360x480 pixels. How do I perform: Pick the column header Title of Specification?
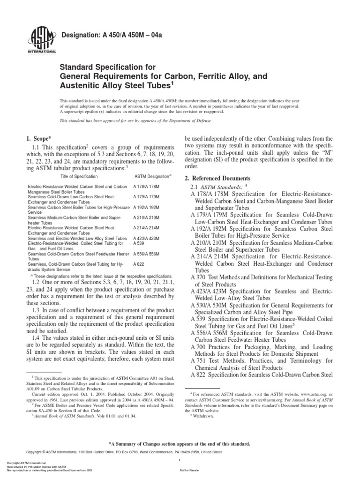pyautogui.click(x=79, y=176)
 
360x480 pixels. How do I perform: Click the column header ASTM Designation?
pyautogui.click(x=153, y=176)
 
